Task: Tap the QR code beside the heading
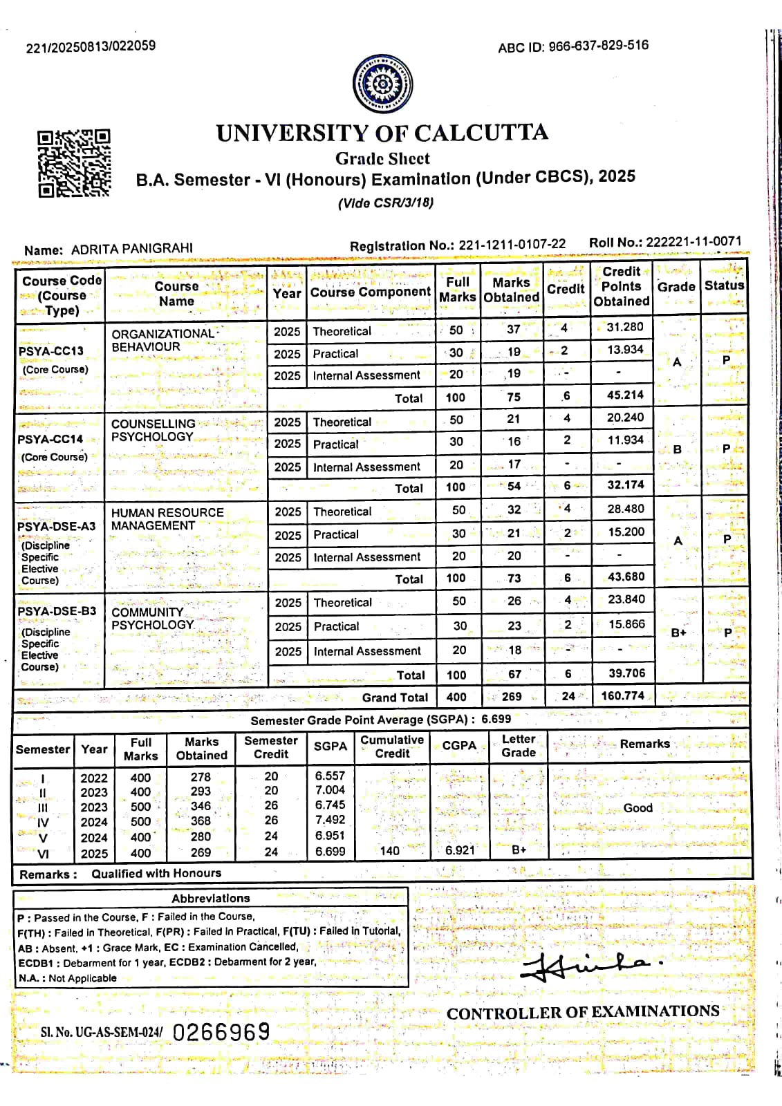74,163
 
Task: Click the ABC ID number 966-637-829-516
598,46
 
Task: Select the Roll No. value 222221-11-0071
693,242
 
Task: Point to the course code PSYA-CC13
50,351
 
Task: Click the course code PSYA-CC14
50,439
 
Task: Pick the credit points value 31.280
624,327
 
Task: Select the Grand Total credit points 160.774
622,695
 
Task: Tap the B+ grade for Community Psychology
678,632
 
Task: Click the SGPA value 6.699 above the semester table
496,719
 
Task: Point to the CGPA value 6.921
460,850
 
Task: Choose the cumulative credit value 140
390,851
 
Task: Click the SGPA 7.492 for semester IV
330,820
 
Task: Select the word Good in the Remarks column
637,807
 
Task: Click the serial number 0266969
221,1032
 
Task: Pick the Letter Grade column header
519,746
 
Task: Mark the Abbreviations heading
211,898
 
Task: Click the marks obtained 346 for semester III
201,806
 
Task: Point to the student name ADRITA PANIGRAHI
132,249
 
